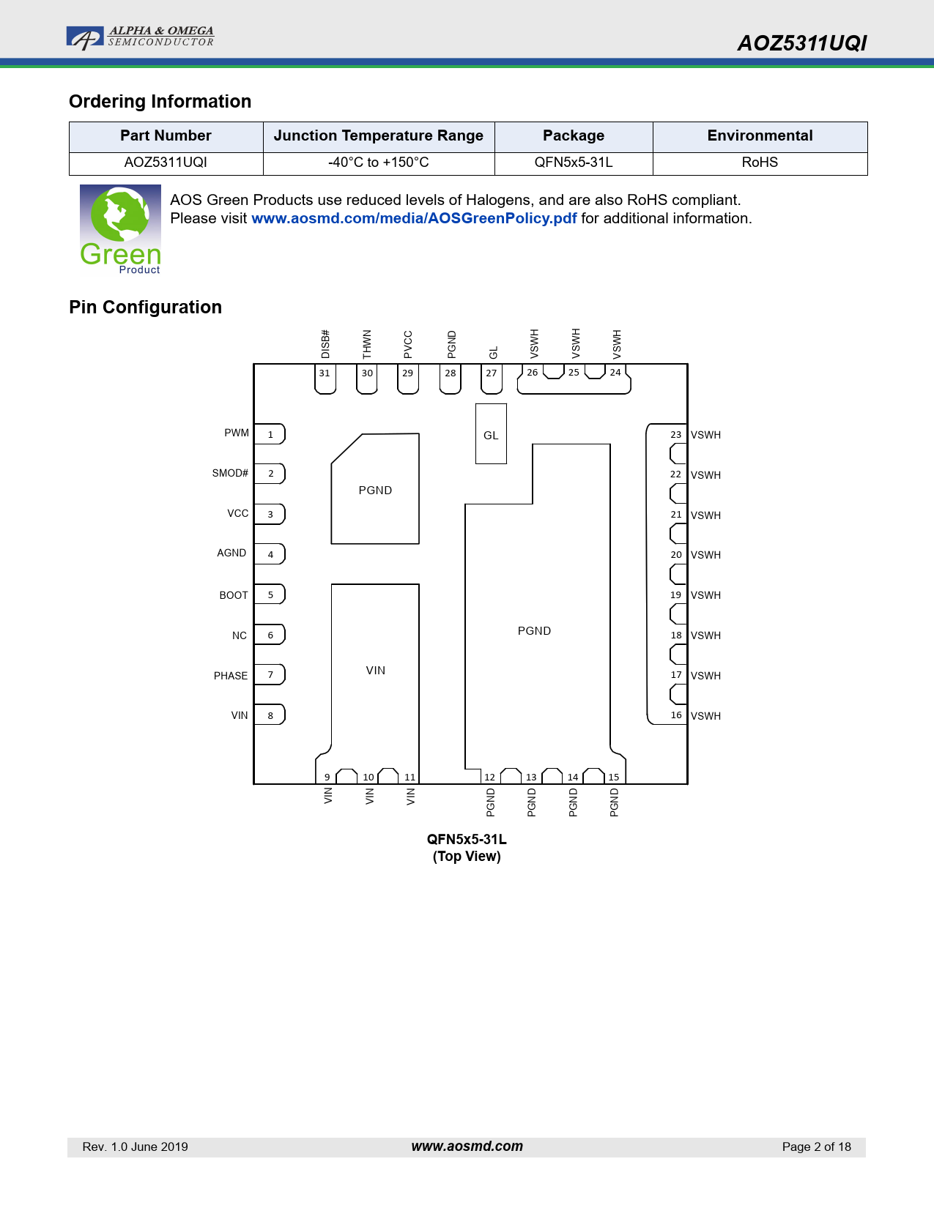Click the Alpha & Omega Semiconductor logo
(140, 37)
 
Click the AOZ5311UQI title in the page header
(801, 43)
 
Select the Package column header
(574, 135)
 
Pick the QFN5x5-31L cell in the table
(574, 163)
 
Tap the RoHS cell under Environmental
(760, 163)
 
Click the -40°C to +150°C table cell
(378, 163)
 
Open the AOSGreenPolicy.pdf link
(414, 218)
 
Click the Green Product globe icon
(120, 230)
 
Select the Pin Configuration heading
(145, 307)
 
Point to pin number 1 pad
(270, 434)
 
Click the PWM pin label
(237, 433)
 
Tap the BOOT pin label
(234, 594)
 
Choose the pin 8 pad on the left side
(270, 715)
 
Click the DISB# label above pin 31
(325, 344)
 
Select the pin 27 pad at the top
(492, 379)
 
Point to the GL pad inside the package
(491, 433)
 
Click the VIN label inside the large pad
(376, 671)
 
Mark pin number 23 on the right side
(676, 435)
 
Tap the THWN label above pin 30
(366, 344)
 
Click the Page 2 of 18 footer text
(816, 1147)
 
